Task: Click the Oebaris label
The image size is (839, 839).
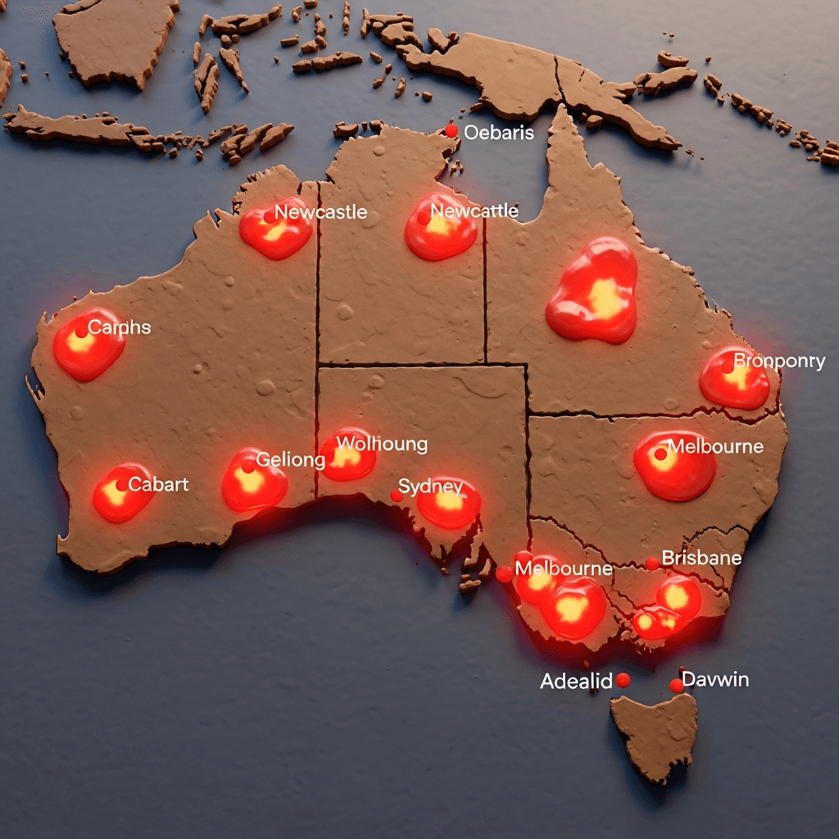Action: [x=499, y=132]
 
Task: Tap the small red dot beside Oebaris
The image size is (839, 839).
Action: [x=451, y=131]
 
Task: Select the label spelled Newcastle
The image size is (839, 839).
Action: [x=320, y=212]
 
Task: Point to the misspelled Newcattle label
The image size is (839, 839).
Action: [x=474, y=211]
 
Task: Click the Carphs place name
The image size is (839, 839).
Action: [x=120, y=327]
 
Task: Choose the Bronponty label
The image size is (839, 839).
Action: [x=779, y=361]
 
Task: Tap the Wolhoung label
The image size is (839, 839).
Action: [x=382, y=444]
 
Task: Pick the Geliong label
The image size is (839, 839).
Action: [x=290, y=460]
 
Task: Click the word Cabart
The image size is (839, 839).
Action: [x=158, y=484]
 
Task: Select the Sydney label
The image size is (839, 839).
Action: [x=430, y=487]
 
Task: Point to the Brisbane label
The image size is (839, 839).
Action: [x=701, y=558]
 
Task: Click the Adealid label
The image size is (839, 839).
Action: [x=576, y=681]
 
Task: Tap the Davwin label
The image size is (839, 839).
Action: [x=715, y=679]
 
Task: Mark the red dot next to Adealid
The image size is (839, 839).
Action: [x=623, y=680]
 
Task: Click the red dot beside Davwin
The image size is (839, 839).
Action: [x=676, y=685]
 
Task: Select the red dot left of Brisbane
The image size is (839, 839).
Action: [x=652, y=564]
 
